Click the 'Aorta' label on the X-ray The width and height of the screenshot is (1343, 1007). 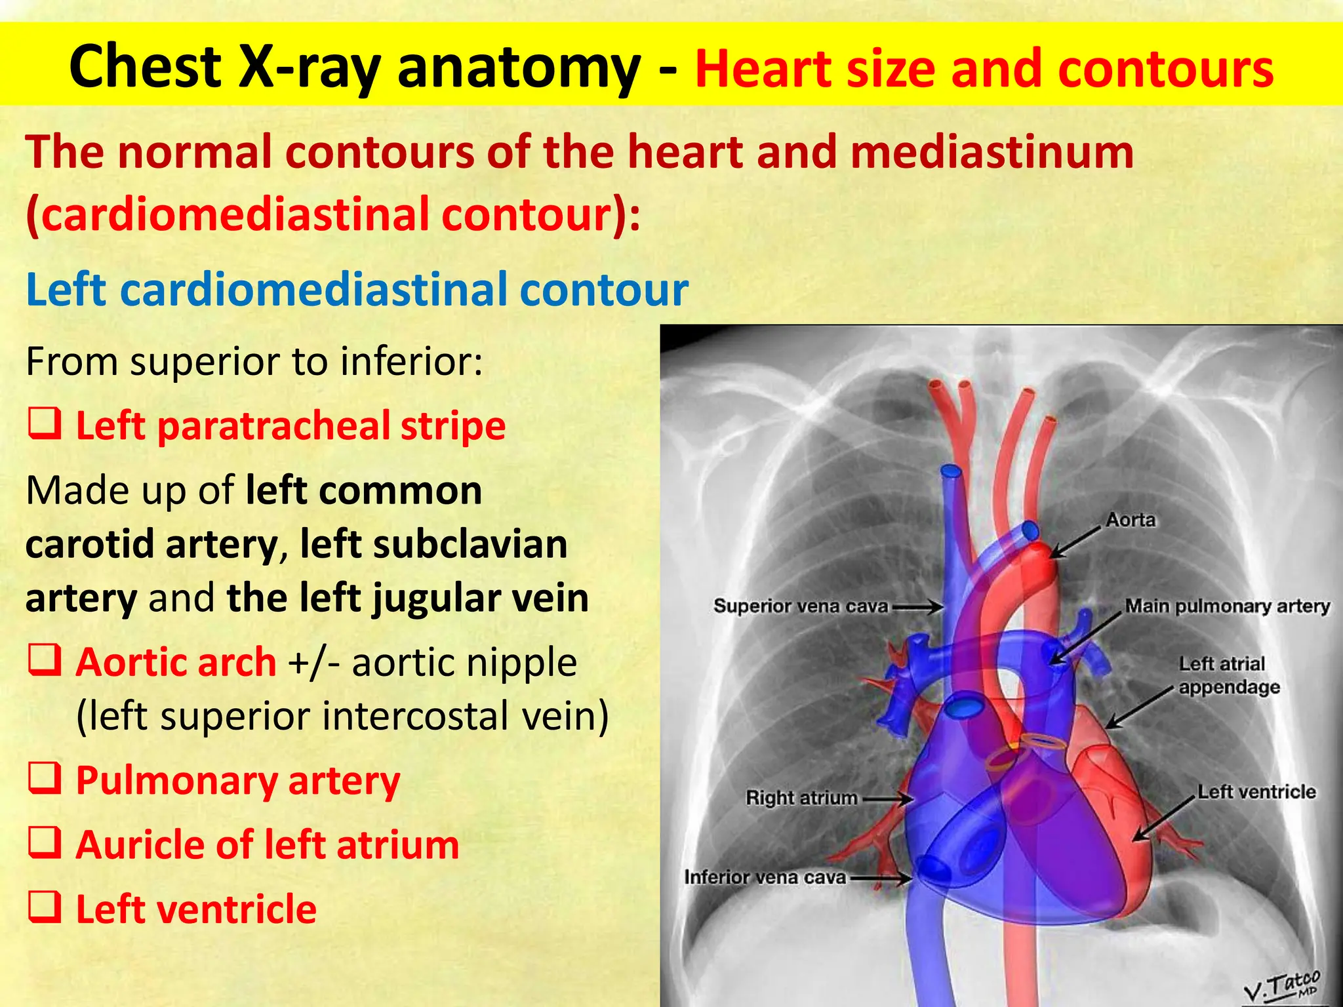click(x=1131, y=520)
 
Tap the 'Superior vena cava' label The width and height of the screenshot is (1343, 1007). click(x=801, y=606)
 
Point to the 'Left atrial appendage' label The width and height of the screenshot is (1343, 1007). click(x=1228, y=675)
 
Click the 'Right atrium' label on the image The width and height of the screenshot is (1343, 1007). click(x=801, y=798)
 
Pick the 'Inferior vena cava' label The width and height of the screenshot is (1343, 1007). click(x=765, y=877)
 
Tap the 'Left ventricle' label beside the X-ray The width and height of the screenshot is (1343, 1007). click(x=1256, y=791)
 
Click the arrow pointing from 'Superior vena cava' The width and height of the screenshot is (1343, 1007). click(x=917, y=607)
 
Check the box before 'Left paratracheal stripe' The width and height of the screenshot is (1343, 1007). click(x=45, y=424)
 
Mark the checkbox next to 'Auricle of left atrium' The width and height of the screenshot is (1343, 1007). click(x=45, y=842)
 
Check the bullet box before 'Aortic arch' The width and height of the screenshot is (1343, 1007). click(x=45, y=660)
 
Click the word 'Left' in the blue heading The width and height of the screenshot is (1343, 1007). click(x=66, y=289)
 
